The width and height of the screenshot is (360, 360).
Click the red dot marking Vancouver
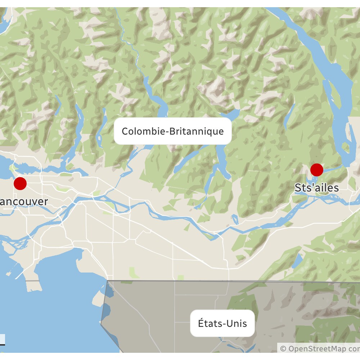pos(20,183)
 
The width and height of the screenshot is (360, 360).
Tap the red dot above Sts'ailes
pos(317,170)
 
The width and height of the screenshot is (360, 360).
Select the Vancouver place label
pos(24,202)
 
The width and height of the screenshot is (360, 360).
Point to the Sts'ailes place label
pos(317,188)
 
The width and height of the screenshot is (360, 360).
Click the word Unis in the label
pos(237,323)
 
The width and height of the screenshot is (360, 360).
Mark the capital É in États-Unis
pos(201,323)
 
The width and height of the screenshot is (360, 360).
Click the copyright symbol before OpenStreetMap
pos(283,348)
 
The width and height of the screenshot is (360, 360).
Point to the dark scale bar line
pos(3,345)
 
